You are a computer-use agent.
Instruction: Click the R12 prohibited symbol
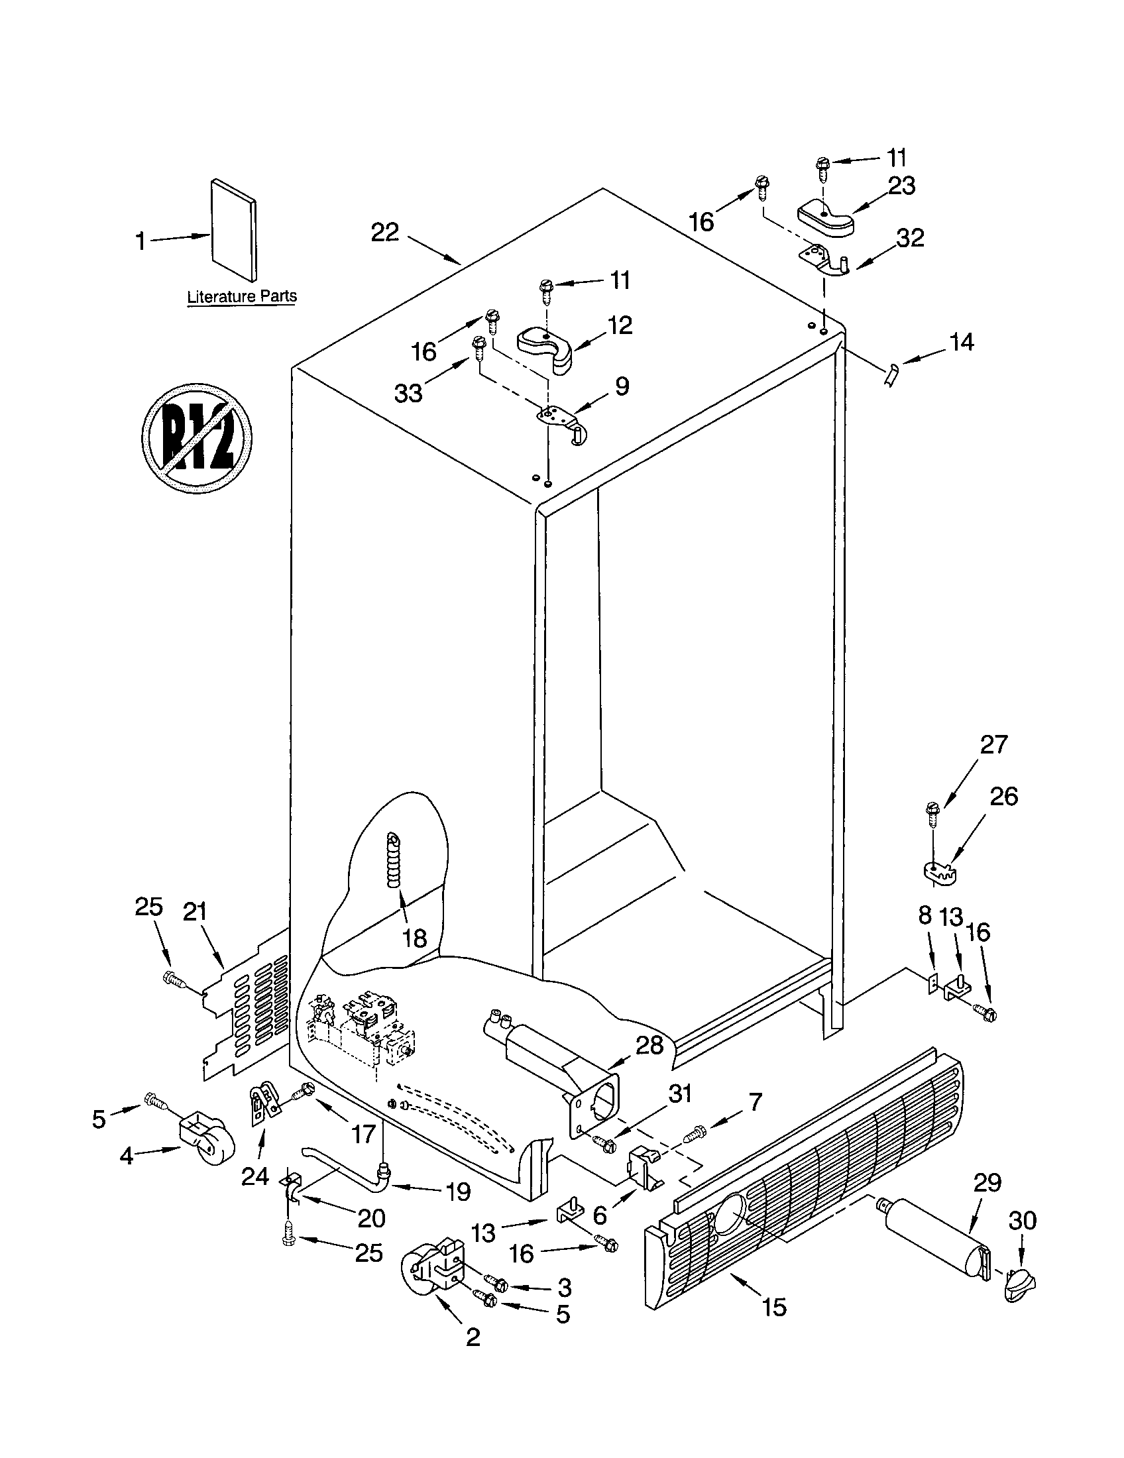(197, 438)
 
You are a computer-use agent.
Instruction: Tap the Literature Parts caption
(242, 296)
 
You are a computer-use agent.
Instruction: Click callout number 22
(385, 233)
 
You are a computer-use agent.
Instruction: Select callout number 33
(408, 393)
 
